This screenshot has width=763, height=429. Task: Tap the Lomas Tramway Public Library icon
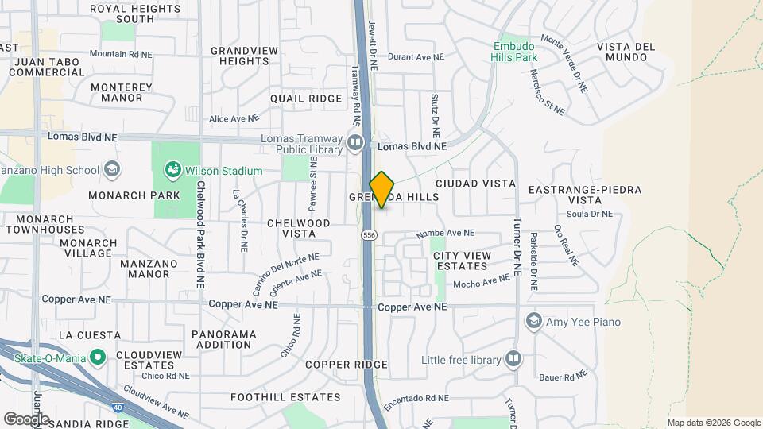(x=355, y=144)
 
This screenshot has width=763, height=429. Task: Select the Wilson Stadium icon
(x=172, y=170)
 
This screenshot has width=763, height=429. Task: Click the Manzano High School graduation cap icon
(x=112, y=169)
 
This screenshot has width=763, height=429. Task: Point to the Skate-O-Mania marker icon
(x=98, y=358)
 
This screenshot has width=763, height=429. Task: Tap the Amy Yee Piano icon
(x=534, y=321)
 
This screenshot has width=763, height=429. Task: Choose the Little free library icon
(x=513, y=360)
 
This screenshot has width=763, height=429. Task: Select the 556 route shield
(x=368, y=235)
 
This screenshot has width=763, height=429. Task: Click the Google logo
(x=26, y=419)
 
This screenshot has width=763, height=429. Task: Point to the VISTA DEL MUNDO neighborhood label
(x=626, y=52)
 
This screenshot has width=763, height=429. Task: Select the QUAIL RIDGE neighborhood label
(x=295, y=99)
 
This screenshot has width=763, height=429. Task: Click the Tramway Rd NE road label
(x=357, y=91)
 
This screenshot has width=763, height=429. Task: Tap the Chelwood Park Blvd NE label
(x=201, y=235)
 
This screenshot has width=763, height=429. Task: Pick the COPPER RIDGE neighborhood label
(x=346, y=364)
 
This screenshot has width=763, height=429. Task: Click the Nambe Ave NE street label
(x=445, y=234)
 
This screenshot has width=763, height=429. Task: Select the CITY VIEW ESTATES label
(x=460, y=260)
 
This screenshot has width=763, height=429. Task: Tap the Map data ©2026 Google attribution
(x=714, y=423)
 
